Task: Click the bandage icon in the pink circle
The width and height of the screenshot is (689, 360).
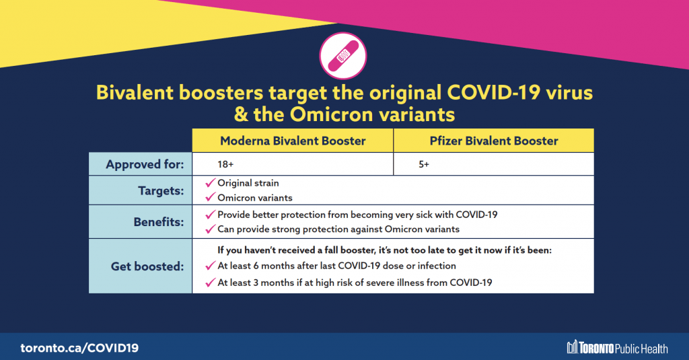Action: [342, 56]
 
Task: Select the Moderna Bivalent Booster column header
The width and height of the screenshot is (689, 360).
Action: [293, 141]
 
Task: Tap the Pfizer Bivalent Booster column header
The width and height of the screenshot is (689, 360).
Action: [493, 141]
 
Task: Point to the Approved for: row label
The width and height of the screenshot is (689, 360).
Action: [145, 164]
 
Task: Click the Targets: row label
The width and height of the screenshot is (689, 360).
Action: [161, 190]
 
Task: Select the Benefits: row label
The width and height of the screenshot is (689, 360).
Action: [159, 222]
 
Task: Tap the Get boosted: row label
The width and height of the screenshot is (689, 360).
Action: [147, 266]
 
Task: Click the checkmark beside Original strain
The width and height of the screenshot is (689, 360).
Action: [211, 182]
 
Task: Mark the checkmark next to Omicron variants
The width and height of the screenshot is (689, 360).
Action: [211, 197]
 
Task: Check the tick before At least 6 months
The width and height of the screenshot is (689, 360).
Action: [211, 266]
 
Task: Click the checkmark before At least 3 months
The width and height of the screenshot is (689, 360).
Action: [211, 282]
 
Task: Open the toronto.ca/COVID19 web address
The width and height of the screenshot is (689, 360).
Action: [79, 348]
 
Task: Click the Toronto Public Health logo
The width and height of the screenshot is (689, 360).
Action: [618, 347]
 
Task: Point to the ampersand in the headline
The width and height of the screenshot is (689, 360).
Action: [241, 114]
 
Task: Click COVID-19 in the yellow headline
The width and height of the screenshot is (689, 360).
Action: [493, 93]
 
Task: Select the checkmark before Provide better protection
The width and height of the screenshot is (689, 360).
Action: [211, 214]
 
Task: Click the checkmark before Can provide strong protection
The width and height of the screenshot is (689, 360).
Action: [211, 229]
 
